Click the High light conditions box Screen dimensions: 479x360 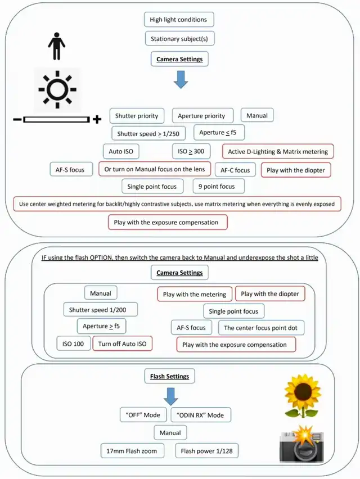click(178, 20)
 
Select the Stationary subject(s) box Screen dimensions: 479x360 click(179, 39)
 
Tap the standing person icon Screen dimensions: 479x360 click(56, 46)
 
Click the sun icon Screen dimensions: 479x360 click(57, 89)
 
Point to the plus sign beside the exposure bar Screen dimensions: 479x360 click(97, 119)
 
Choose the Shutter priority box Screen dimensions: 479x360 click(137, 116)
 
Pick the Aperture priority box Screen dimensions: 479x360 click(201, 116)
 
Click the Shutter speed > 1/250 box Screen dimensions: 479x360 click(148, 134)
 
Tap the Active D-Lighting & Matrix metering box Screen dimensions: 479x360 click(278, 151)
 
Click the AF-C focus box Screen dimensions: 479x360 click(235, 170)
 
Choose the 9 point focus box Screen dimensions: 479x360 click(218, 186)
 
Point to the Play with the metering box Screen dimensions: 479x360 click(194, 294)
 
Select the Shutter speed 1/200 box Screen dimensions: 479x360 click(100, 310)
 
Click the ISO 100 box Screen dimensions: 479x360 click(74, 344)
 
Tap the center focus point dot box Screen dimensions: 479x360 click(264, 328)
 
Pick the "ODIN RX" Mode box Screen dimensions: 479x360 click(200, 415)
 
